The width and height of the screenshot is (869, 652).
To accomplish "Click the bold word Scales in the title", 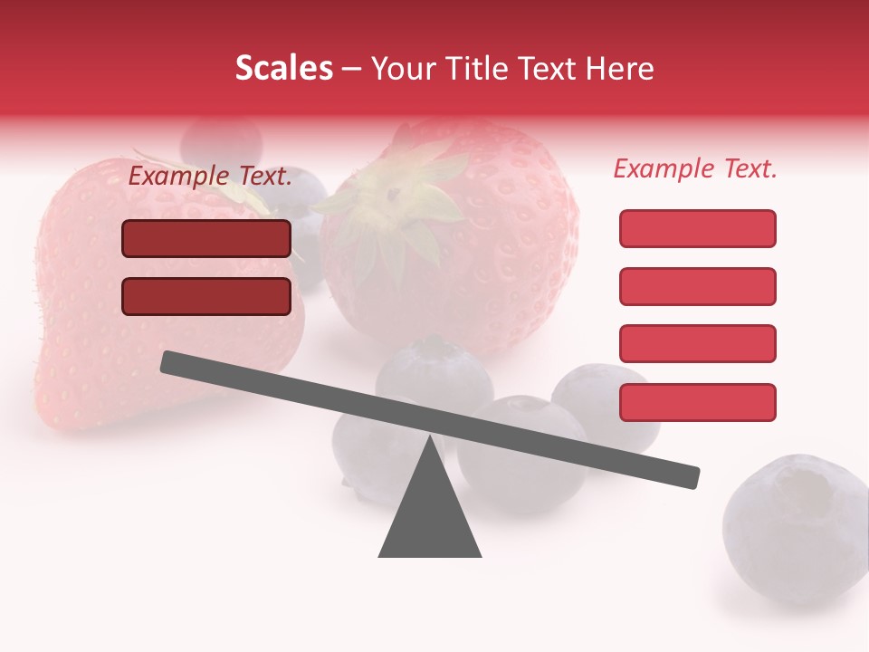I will [283, 69].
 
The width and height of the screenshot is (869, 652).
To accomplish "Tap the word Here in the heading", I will [619, 69].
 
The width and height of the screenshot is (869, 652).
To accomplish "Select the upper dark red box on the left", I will [206, 238].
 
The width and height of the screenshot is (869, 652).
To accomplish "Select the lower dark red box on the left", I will [206, 296].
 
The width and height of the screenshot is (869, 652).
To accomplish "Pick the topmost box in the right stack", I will [697, 228].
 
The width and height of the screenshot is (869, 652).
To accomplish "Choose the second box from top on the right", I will [697, 286].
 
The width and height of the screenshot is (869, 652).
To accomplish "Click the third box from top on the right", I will [697, 344].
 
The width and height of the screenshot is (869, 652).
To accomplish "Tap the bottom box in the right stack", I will [697, 402].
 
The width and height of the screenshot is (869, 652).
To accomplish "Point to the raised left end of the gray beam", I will [170, 362].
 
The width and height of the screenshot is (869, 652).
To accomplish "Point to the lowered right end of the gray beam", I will [690, 477].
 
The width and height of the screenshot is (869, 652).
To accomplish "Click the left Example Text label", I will [210, 176].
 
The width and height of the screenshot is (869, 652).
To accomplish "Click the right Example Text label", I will [695, 168].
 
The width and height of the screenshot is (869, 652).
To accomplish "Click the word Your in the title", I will [404, 69].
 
